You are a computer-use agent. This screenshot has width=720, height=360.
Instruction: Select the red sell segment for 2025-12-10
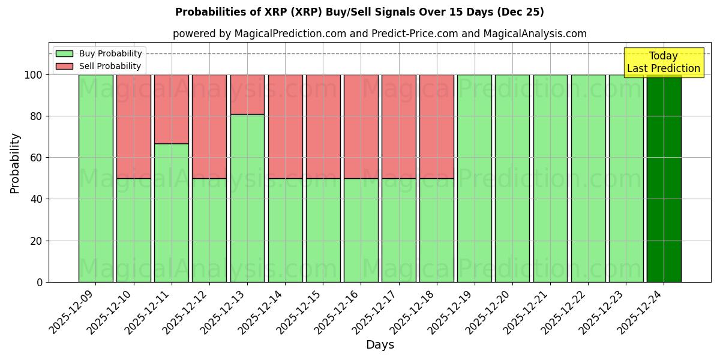(x=134, y=126)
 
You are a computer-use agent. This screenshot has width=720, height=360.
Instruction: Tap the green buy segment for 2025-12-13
(x=247, y=198)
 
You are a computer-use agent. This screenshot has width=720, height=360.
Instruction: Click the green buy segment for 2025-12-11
(x=172, y=213)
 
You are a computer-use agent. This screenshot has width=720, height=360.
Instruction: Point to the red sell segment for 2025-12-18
(x=437, y=126)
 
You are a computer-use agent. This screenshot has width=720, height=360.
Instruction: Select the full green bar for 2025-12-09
(x=96, y=178)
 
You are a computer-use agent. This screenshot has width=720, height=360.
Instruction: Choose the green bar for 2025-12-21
(x=550, y=178)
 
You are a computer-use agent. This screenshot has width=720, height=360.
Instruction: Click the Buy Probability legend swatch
(x=64, y=53)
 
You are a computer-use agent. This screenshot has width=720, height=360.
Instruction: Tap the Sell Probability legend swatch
(x=64, y=66)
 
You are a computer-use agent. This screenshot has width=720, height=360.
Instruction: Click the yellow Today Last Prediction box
(x=664, y=62)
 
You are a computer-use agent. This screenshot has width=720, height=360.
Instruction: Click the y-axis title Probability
(x=15, y=163)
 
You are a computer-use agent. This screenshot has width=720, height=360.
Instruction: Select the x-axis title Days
(x=380, y=345)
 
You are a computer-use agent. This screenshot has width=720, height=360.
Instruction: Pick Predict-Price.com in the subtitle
(x=413, y=34)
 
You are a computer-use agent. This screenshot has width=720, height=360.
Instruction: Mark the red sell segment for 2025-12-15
(x=323, y=126)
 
